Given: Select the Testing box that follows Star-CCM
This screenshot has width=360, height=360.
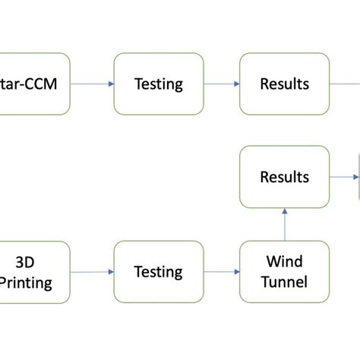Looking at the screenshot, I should (x=159, y=84).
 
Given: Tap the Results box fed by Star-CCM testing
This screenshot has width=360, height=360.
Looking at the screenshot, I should (x=285, y=84).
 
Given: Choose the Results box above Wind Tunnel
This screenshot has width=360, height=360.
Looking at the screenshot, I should (x=285, y=177).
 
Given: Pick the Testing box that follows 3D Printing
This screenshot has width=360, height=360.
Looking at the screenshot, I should (x=159, y=272).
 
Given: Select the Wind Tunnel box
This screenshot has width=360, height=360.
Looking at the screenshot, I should (x=285, y=272).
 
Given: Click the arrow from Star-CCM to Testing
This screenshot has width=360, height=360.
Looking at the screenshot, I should (x=92, y=84).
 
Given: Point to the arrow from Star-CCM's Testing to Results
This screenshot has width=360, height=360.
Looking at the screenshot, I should (x=222, y=84).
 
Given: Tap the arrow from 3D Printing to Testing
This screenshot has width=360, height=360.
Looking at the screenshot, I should (x=92, y=271).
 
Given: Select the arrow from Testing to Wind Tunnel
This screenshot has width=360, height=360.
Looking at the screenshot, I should (x=222, y=271).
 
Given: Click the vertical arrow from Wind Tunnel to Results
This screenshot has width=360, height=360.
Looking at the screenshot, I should (x=285, y=225).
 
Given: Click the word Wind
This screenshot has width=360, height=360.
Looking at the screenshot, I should (x=285, y=262).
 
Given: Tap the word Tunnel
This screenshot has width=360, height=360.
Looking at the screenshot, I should (x=285, y=283).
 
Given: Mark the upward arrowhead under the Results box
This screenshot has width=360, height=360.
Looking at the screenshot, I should (x=285, y=213).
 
